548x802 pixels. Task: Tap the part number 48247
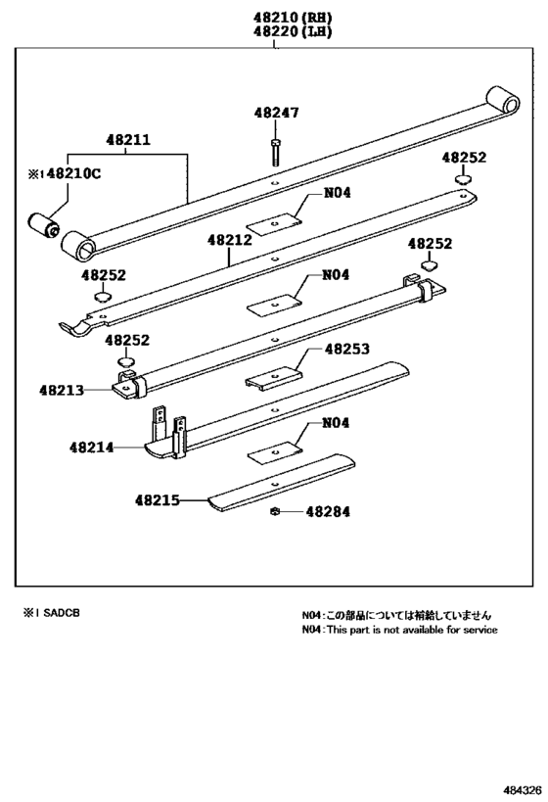pos(276,113)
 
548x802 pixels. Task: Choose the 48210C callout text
pos(71,173)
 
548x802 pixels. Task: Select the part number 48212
pos(229,238)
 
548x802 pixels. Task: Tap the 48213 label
pos(63,389)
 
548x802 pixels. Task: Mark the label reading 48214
pos(92,448)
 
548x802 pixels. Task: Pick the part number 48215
pos(158,499)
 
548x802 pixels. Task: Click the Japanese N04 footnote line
pos(396,615)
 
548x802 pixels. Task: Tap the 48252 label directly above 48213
pos(127,340)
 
